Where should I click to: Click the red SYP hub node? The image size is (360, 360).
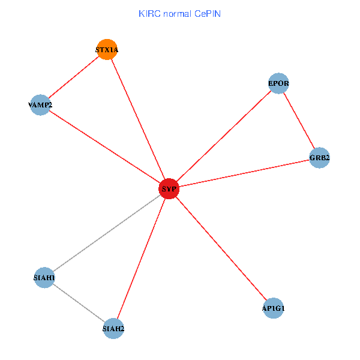pyautogui.click(x=169, y=189)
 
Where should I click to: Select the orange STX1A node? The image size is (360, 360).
pyautogui.click(x=107, y=50)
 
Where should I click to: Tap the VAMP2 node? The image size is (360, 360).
pyautogui.click(x=40, y=105)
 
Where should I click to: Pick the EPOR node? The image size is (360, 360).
pyautogui.click(x=279, y=83)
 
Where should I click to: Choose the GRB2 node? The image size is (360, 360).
pyautogui.click(x=320, y=158)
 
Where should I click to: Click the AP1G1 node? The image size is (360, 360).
pyautogui.click(x=273, y=308)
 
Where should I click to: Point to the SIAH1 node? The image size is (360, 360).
pyautogui.click(x=44, y=278)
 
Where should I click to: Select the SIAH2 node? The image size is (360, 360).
pyautogui.click(x=113, y=328)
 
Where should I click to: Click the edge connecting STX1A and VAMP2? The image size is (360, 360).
pyautogui.click(x=73, y=77)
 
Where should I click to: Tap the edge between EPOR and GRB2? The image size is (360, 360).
pyautogui.click(x=299, y=120)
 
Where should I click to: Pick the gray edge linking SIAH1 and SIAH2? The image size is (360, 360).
pyautogui.click(x=79, y=303)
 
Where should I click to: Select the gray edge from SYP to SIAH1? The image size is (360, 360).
pyautogui.click(x=107, y=233)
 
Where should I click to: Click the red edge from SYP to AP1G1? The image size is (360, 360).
pyautogui.click(x=221, y=248)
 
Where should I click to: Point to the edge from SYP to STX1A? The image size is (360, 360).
pyautogui.click(x=138, y=119)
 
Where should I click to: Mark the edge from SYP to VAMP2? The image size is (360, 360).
pyautogui.click(x=104, y=147)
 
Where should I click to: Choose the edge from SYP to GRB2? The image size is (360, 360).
pyautogui.click(x=244, y=173)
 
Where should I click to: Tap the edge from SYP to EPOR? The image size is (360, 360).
pyautogui.click(x=224, y=136)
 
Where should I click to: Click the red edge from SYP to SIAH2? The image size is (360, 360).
pyautogui.click(x=141, y=259)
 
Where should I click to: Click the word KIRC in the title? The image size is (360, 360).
pyautogui.click(x=148, y=13)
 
